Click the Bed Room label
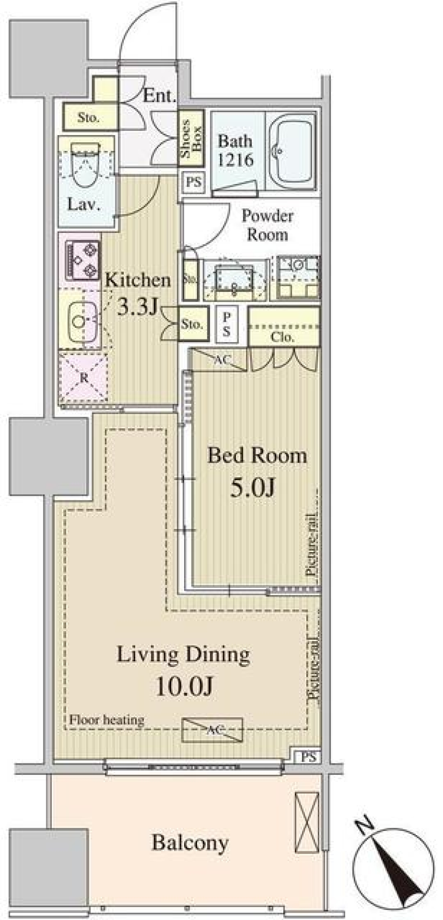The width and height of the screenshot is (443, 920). [x=257, y=456]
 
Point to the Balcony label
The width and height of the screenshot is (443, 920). [x=190, y=843]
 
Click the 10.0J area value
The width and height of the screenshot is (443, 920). [x=184, y=687]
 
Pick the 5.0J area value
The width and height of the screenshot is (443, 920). [x=253, y=487]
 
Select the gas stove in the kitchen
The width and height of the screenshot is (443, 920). [x=84, y=260]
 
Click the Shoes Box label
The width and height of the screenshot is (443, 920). [x=191, y=138]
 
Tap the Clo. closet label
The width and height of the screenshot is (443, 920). [x=282, y=337]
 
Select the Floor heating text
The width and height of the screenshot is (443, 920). [x=107, y=720]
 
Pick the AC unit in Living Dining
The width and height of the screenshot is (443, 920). [x=212, y=730]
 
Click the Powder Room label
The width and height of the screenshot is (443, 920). [x=267, y=225]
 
